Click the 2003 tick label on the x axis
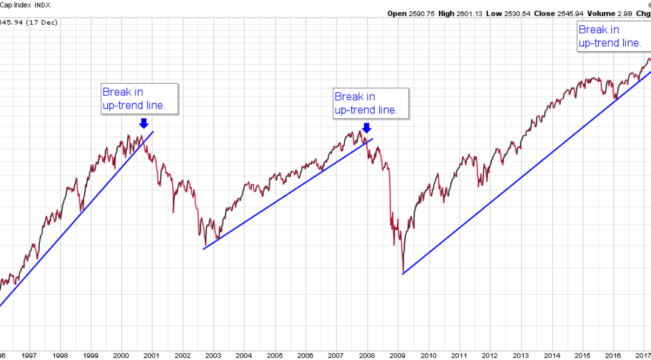[213, 356]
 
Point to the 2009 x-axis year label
[397, 356]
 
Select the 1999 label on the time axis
[90, 356]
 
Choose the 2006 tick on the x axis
[305, 356]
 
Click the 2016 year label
[612, 356]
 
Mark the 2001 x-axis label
[151, 356]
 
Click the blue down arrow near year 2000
[143, 123]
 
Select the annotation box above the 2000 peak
[140, 99]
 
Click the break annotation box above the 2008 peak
[371, 103]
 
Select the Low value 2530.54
[521, 13]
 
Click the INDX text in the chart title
[42, 5]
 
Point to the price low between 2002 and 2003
[205, 246]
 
